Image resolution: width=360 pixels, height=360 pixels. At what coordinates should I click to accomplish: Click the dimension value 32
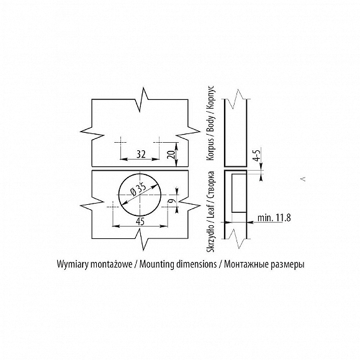(141, 155)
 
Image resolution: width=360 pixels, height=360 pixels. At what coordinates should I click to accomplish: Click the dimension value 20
(171, 155)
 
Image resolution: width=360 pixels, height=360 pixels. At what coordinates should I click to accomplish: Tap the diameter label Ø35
(138, 190)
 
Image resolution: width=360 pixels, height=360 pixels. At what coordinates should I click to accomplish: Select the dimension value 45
(140, 222)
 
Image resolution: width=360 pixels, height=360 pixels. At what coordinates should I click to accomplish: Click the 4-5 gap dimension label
(258, 155)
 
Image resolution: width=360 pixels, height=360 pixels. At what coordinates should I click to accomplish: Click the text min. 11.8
(274, 218)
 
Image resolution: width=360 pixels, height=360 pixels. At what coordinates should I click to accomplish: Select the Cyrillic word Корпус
(210, 96)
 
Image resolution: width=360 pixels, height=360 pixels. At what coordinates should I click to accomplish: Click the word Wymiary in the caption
(73, 264)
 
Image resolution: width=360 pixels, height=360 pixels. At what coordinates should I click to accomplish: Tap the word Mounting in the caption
(157, 264)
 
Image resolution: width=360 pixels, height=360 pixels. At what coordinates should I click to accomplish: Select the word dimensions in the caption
(197, 264)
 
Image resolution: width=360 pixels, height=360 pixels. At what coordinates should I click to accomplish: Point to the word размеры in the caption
(287, 264)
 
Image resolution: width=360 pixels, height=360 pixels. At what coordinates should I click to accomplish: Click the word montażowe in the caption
(111, 264)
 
